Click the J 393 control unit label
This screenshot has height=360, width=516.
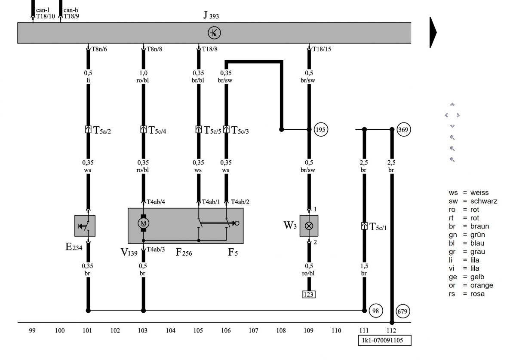coord(211,15)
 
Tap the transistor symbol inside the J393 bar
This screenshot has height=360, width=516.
coord(214,33)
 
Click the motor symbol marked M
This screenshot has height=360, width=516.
coord(143,223)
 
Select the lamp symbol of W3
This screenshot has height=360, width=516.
coord(309,226)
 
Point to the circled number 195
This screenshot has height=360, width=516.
coord(321,130)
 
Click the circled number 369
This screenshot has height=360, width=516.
coord(404,130)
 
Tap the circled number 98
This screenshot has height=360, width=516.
coord(376,311)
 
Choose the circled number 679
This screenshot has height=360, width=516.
coord(402,311)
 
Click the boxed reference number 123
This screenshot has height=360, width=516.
coord(309,294)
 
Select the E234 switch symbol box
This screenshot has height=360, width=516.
coord(85,226)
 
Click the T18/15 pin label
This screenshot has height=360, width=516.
coord(322,49)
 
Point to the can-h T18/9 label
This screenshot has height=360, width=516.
coord(71,13)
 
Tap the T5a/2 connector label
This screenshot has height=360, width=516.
coord(102,130)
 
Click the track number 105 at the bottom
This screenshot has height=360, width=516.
coord(198,330)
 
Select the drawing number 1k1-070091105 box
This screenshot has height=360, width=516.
coord(384,340)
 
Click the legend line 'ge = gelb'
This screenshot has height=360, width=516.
coord(466,277)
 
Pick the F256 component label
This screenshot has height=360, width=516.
coord(184,252)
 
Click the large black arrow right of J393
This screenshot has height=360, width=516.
coord(433,33)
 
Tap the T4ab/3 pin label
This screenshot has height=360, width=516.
coord(156,250)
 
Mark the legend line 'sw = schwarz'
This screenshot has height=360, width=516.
coord(473,201)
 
